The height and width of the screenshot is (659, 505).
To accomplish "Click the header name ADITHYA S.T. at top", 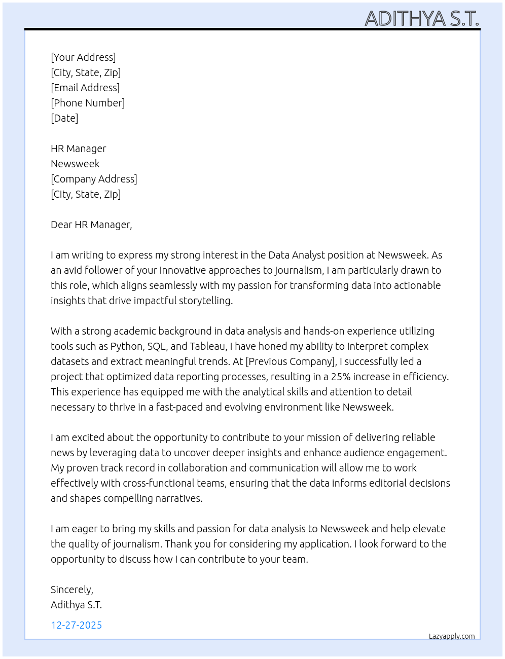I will pyautogui.click(x=422, y=19).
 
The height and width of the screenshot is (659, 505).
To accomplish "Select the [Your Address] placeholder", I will pyautogui.click(x=83, y=57).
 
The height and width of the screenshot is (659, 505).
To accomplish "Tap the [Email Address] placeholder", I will pyautogui.click(x=85, y=88).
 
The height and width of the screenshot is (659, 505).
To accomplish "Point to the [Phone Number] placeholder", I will pyautogui.click(x=88, y=103).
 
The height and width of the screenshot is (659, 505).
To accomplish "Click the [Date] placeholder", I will pyautogui.click(x=64, y=118).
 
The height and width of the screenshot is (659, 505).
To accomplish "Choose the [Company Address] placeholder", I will pyautogui.click(x=94, y=179).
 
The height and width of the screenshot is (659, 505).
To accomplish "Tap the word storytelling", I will pyautogui.click(x=204, y=301).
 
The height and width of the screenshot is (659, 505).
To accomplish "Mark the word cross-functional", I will pyautogui.click(x=187, y=483).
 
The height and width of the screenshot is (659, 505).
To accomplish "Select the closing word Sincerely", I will pyautogui.click(x=71, y=590).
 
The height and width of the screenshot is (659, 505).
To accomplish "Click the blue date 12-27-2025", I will pyautogui.click(x=77, y=625).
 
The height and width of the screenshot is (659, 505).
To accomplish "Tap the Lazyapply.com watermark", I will pyautogui.click(x=452, y=636).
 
